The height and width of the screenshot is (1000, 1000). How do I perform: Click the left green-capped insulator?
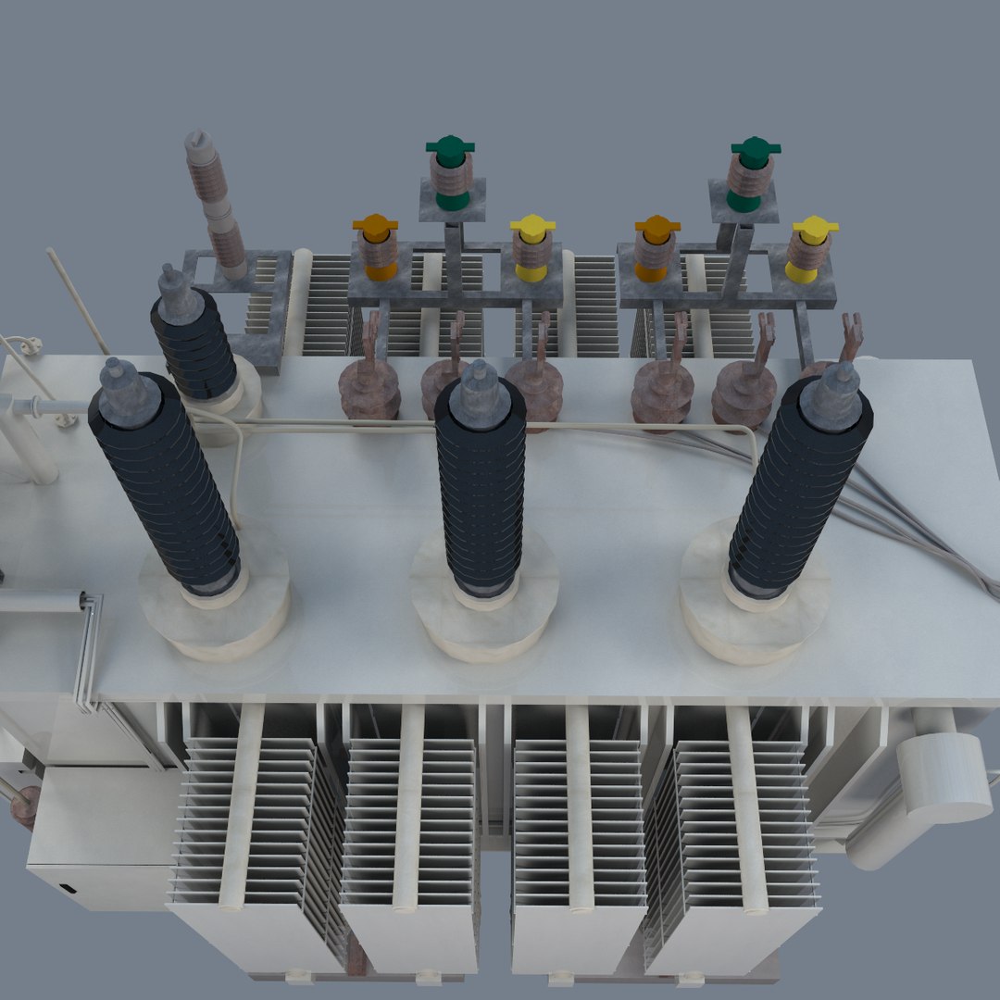[451, 176]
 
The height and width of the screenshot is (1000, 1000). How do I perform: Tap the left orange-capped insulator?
[377, 247]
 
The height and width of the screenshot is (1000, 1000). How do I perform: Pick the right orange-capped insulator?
[656, 247]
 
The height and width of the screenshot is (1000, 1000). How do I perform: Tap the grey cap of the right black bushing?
[832, 395]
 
